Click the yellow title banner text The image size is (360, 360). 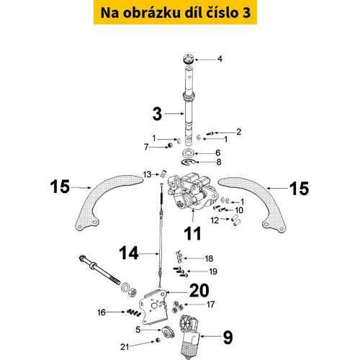(x=176, y=12)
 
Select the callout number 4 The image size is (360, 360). (x=220, y=59)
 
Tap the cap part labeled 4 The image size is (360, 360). (x=188, y=59)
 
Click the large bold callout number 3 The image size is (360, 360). (x=157, y=114)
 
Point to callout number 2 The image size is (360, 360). (x=238, y=132)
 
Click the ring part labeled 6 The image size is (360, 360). (x=188, y=153)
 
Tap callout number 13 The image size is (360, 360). (x=147, y=174)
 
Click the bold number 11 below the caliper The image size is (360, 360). (x=192, y=233)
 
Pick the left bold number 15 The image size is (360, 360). (x=60, y=186)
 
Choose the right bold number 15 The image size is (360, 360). (x=299, y=189)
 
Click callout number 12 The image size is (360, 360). (x=215, y=220)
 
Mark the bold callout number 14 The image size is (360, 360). (x=129, y=253)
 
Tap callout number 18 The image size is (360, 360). (x=209, y=258)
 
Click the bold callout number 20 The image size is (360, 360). (x=199, y=290)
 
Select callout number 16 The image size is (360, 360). (x=102, y=312)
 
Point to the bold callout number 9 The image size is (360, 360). (x=228, y=338)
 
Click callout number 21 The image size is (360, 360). (x=125, y=347)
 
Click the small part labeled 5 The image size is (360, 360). (x=168, y=332)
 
